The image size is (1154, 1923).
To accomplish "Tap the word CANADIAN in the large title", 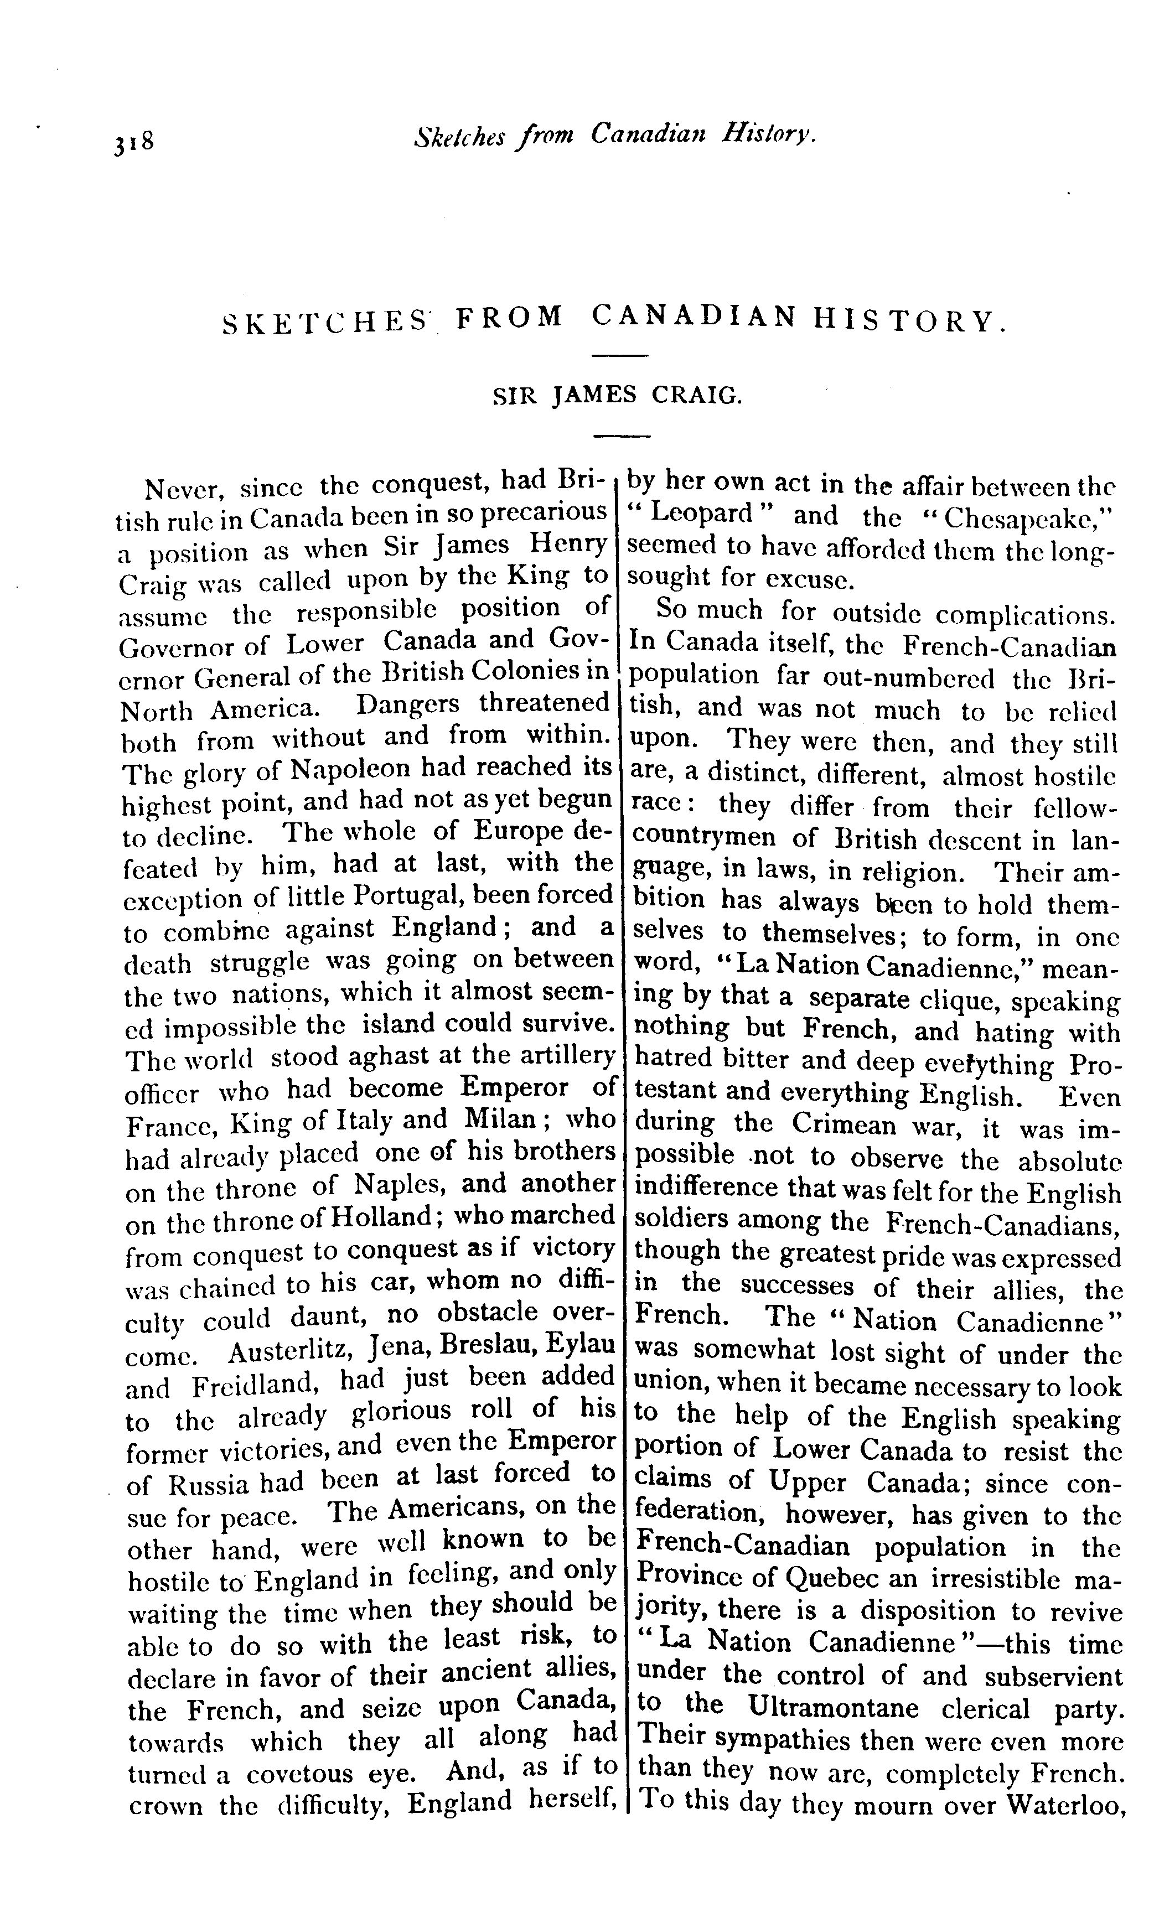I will tap(694, 318).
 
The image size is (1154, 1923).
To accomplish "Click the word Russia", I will tap(209, 1485).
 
